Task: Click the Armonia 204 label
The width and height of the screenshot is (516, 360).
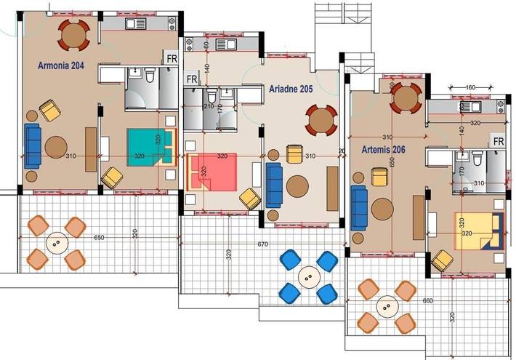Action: pos(62,65)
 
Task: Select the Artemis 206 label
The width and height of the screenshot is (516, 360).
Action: pos(383,151)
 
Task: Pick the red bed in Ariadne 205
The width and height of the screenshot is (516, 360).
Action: pos(212,173)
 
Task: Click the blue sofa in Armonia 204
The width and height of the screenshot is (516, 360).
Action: pos(32,145)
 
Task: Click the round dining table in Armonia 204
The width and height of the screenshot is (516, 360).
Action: pos(73,34)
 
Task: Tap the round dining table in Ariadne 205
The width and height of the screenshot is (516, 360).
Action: pos(320,121)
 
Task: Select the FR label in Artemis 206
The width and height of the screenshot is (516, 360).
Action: pos(499,141)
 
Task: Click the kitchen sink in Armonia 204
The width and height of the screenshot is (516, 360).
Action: pos(136,24)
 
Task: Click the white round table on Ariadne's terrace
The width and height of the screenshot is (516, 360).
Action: pos(309,277)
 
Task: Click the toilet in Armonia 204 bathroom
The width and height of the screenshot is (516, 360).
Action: pos(150,76)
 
